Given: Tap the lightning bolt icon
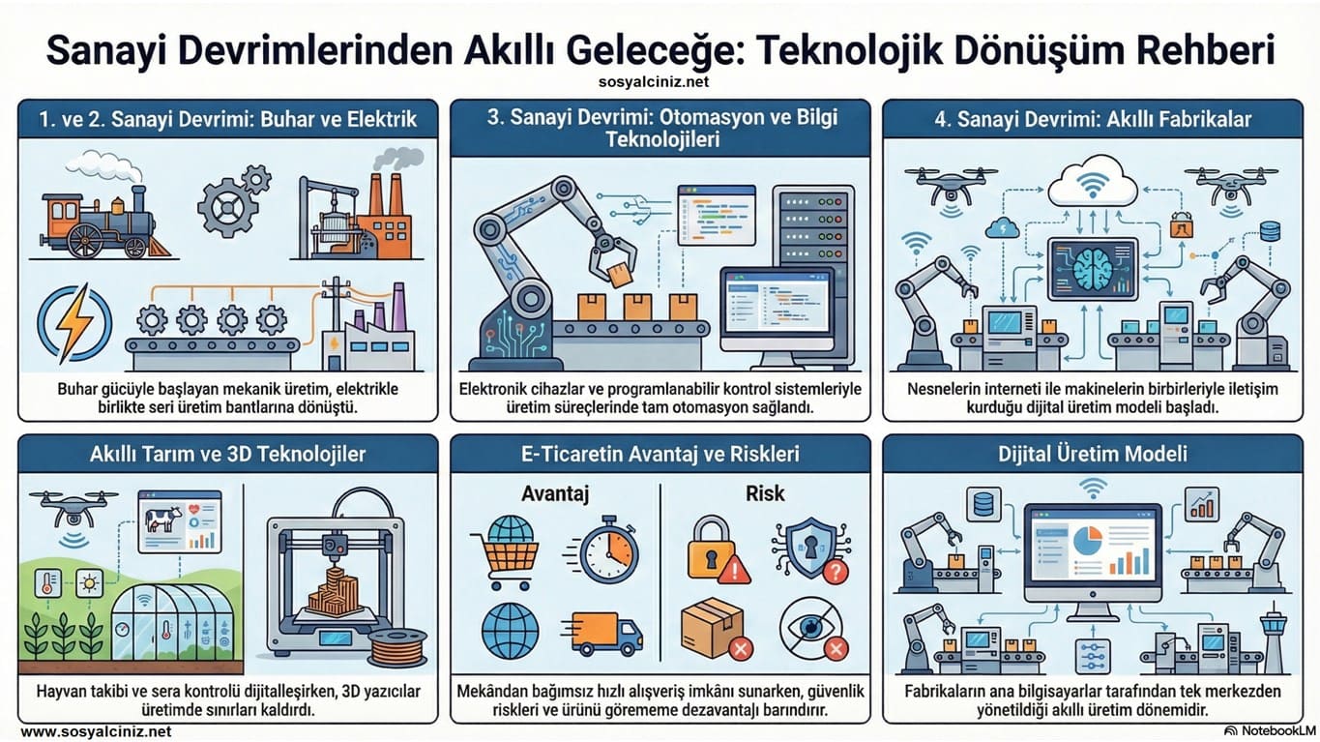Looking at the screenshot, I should tap(73, 321).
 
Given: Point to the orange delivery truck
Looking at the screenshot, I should tap(606, 633).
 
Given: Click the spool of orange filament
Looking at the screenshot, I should tap(396, 647).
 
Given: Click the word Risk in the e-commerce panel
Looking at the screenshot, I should tap(764, 494).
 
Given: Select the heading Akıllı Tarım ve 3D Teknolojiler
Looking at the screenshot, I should tap(227, 453).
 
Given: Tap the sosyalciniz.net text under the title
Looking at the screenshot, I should tap(660, 84).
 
